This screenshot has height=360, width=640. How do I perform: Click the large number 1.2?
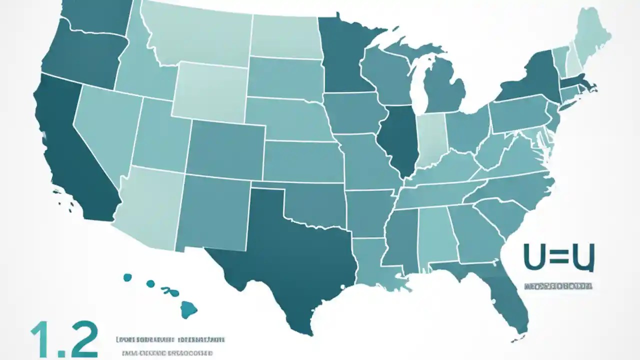click(x=64, y=339)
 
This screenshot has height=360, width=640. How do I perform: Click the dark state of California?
click(x=75, y=155)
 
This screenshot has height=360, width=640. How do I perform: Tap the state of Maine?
click(x=592, y=35)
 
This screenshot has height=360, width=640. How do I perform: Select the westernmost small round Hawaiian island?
click(x=127, y=277)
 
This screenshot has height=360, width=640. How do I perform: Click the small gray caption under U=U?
click(x=558, y=287)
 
